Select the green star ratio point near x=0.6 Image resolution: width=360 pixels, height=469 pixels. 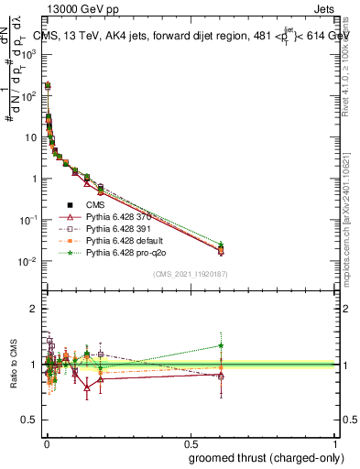221,345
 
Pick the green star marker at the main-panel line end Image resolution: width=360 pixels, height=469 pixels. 221,244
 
